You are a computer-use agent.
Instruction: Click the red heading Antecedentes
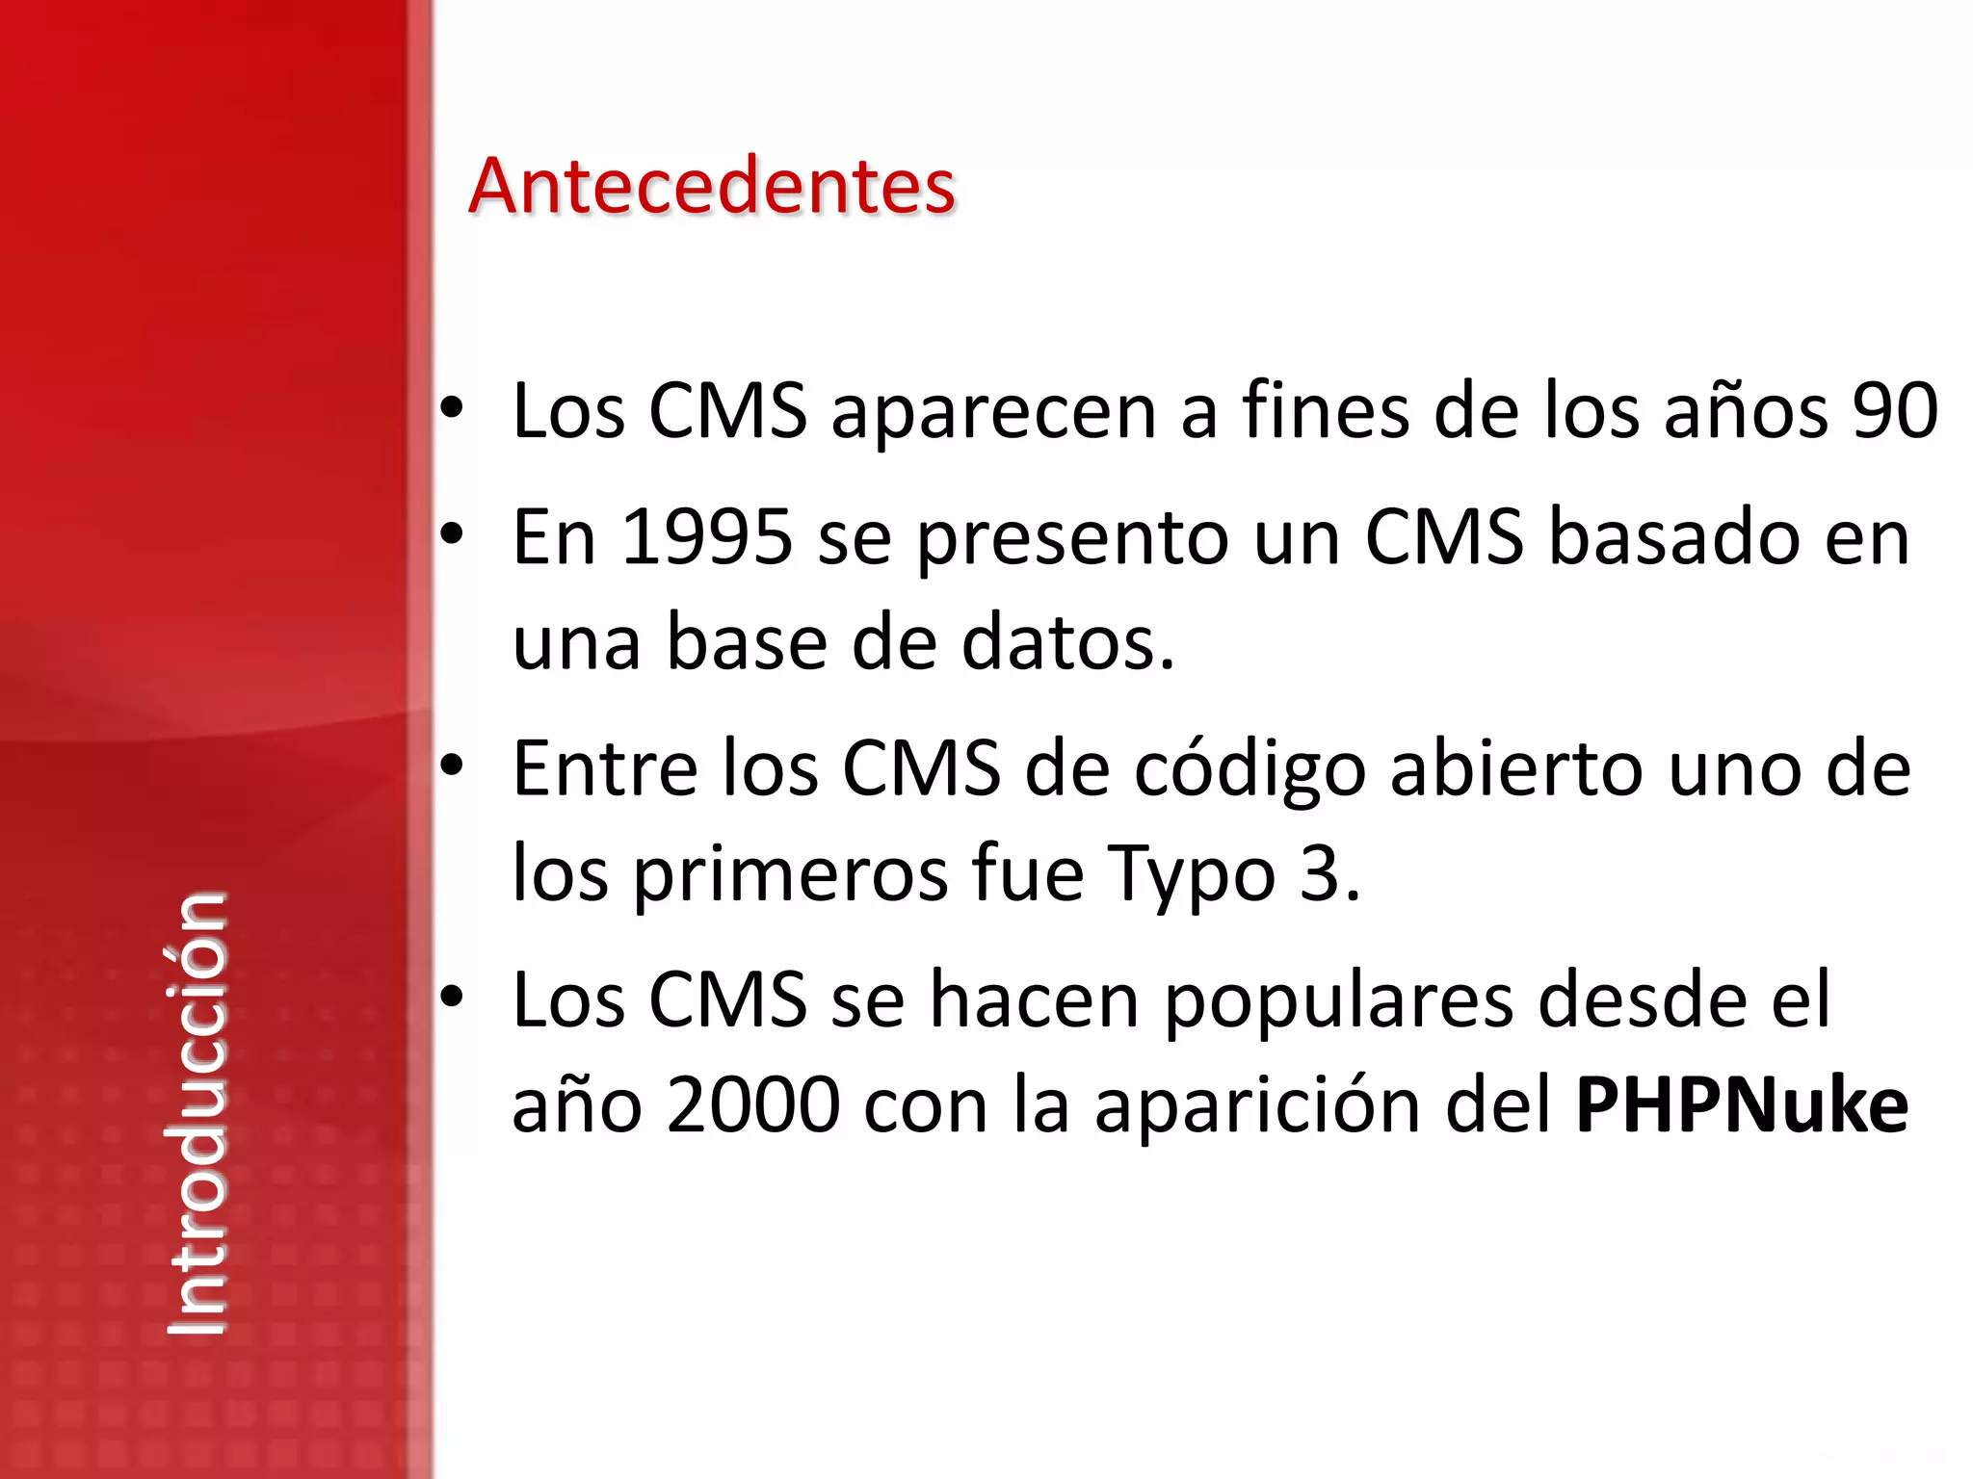click(711, 185)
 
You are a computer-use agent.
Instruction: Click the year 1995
click(707, 536)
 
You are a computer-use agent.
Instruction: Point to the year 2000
click(752, 1105)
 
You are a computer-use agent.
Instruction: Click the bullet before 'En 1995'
click(451, 532)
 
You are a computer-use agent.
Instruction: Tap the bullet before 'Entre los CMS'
click(451, 765)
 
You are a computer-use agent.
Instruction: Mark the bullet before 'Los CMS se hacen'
click(451, 997)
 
